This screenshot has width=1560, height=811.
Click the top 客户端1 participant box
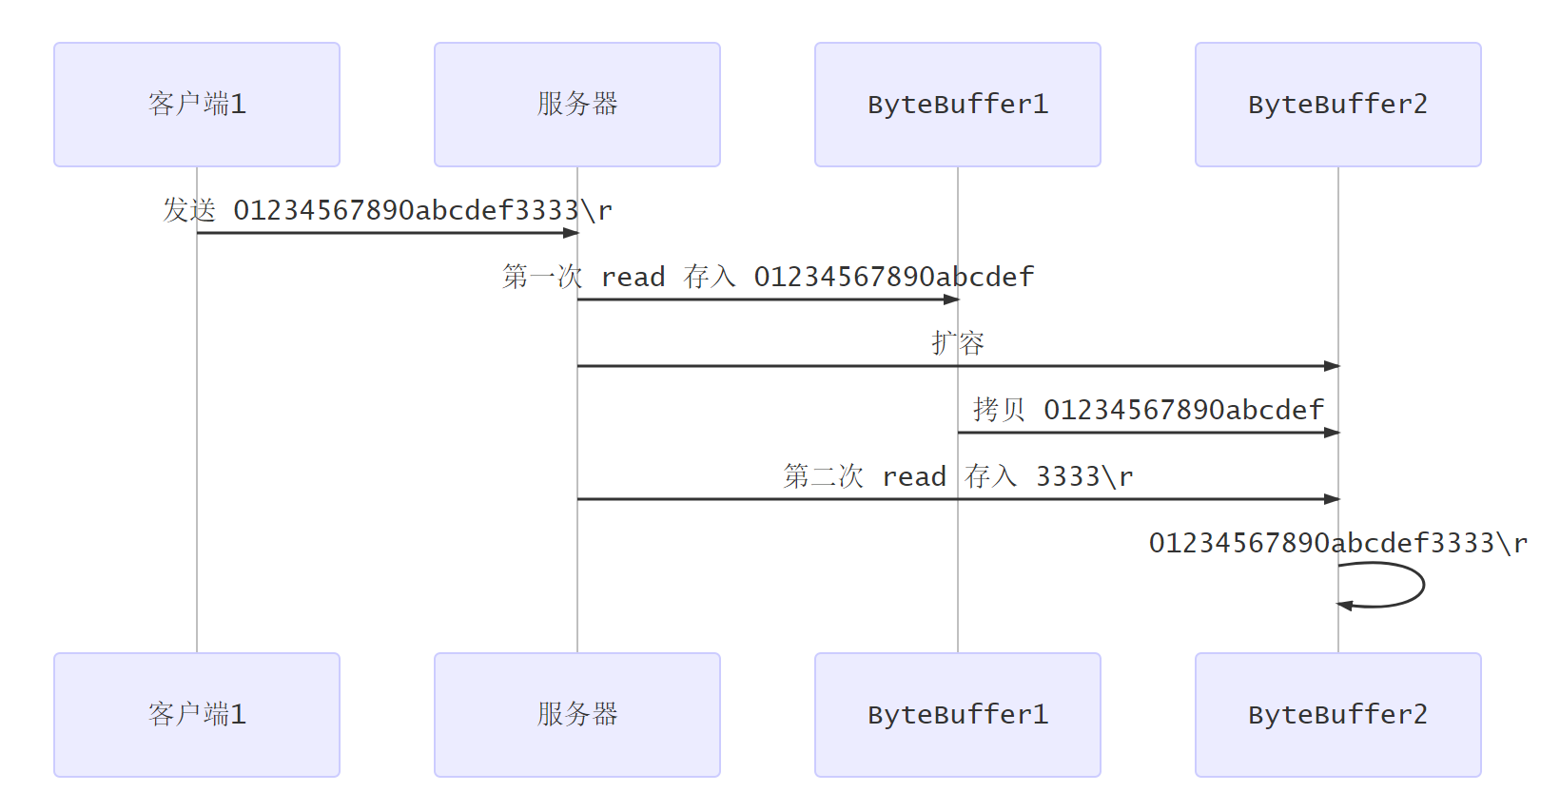pyautogui.click(x=197, y=105)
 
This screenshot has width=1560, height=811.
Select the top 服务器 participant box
pyautogui.click(x=577, y=105)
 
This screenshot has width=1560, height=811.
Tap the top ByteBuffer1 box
pyautogui.click(x=958, y=105)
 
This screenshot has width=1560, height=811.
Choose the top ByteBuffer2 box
pyautogui.click(x=1338, y=105)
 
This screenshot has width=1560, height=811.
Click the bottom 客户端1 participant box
pyautogui.click(x=197, y=715)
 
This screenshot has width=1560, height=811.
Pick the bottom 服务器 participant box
pyautogui.click(x=577, y=715)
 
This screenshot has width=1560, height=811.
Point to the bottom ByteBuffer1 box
pyautogui.click(x=958, y=715)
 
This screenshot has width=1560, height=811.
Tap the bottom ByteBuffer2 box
pyautogui.click(x=1338, y=715)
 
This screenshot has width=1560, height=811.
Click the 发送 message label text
pyautogui.click(x=387, y=210)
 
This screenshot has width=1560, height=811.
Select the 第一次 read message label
pyautogui.click(x=768, y=277)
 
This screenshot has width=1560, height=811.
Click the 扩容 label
pyautogui.click(x=958, y=343)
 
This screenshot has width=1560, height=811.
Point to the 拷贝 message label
pyautogui.click(x=1148, y=410)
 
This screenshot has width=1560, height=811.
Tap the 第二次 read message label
pyautogui.click(x=958, y=476)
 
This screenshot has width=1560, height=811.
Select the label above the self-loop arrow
pyautogui.click(x=1338, y=543)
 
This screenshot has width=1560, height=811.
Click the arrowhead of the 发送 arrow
pyautogui.click(x=571, y=233)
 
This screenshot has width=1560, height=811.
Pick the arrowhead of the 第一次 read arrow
pyautogui.click(x=951, y=299)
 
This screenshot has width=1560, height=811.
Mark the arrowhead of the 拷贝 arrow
pyautogui.click(x=1332, y=433)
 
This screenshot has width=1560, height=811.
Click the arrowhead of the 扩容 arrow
pyautogui.click(x=1332, y=366)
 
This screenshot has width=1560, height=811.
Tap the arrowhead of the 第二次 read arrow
pyautogui.click(x=1332, y=499)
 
